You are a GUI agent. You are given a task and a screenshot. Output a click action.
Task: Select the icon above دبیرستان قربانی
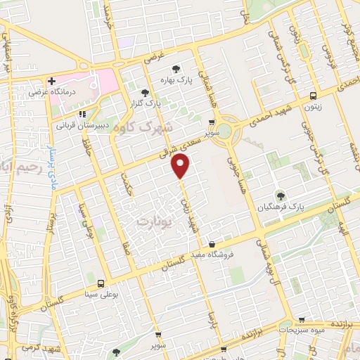82,113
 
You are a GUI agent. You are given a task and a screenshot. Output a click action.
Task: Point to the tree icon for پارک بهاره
175,68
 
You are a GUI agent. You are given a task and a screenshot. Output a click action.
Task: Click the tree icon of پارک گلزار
145,92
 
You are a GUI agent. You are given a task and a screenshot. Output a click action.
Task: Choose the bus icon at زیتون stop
313,96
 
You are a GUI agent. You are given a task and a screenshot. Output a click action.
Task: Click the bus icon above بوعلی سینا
101,283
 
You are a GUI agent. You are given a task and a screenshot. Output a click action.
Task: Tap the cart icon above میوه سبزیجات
302,320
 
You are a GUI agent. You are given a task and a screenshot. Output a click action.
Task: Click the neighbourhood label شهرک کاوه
147,128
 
